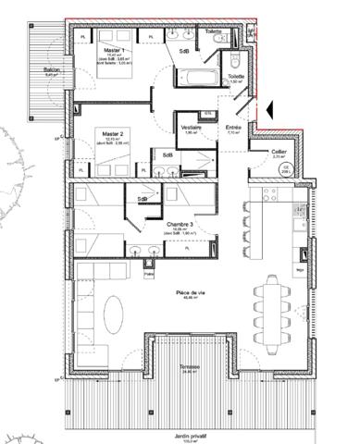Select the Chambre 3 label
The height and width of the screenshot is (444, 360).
click(179, 224)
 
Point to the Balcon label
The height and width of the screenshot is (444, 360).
click(41, 70)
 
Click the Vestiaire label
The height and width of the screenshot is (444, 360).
click(192, 129)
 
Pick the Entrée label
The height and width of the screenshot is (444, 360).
click(233, 127)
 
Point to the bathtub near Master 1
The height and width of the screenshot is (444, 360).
click(209, 77)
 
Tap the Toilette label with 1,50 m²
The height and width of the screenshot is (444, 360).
click(235, 79)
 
